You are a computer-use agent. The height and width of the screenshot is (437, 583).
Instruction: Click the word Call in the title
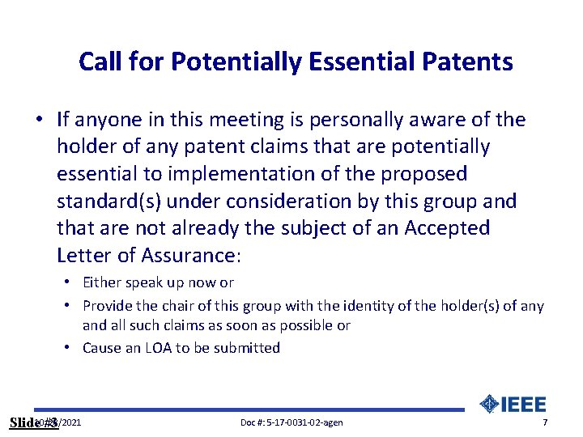point(100,62)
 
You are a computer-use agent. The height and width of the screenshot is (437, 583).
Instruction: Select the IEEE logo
point(513,404)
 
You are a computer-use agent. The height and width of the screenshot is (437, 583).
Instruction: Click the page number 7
point(545,423)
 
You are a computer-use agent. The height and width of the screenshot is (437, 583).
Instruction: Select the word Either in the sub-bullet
point(102,282)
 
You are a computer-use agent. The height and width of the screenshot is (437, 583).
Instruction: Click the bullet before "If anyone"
point(39,121)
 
